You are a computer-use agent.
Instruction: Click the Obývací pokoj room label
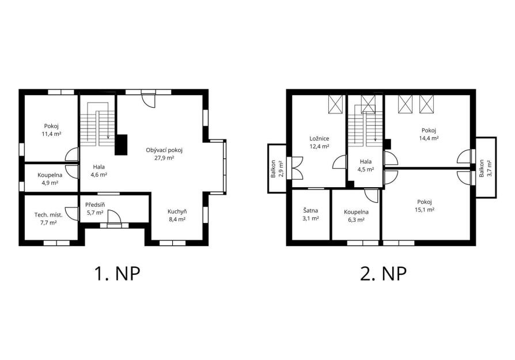pyautogui.click(x=164, y=150)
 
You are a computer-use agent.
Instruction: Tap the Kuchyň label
pyautogui.click(x=177, y=211)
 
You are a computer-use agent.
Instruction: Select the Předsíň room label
pyautogui.click(x=95, y=205)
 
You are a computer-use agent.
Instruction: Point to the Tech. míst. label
pyautogui.click(x=48, y=215)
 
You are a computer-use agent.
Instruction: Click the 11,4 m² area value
pyautogui.click(x=52, y=134)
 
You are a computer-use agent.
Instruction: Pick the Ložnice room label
pyautogui.click(x=319, y=139)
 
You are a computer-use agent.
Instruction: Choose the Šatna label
pyautogui.click(x=310, y=211)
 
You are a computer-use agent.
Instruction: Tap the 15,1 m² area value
pyautogui.click(x=425, y=210)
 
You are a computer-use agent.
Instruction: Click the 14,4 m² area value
pyautogui.click(x=429, y=138)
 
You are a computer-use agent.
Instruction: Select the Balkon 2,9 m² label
pyautogui.click(x=277, y=169)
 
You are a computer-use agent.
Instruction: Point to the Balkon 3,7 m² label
pyautogui.click(x=486, y=168)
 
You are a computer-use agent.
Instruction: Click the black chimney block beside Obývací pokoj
pyautogui.click(x=121, y=145)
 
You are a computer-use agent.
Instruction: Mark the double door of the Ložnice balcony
pyautogui.click(x=295, y=168)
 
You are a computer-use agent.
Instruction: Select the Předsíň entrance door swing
pyautogui.click(x=113, y=217)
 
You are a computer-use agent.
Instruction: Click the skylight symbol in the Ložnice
pyautogui.click(x=335, y=104)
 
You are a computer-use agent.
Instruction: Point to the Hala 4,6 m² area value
pyautogui.click(x=99, y=175)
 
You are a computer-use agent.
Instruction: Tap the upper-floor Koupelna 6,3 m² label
pyautogui.click(x=356, y=216)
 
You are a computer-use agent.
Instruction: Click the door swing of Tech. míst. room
pyautogui.click(x=72, y=214)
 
